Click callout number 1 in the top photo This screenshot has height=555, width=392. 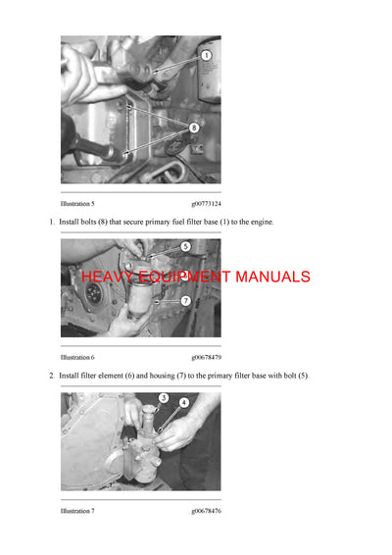(x=207, y=56)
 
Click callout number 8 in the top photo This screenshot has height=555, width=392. (x=193, y=126)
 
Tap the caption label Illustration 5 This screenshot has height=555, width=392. (x=77, y=203)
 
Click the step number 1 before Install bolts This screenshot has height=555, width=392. (x=51, y=223)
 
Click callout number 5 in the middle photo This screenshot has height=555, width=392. (x=185, y=247)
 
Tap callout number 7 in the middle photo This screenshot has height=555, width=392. (x=185, y=300)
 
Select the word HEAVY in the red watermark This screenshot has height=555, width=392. (x=105, y=277)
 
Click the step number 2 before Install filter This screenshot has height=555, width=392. (x=51, y=377)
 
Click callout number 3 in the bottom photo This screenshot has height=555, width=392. (x=164, y=398)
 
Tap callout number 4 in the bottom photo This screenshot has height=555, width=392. (x=183, y=402)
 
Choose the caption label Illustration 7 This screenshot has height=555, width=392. (x=77, y=511)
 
